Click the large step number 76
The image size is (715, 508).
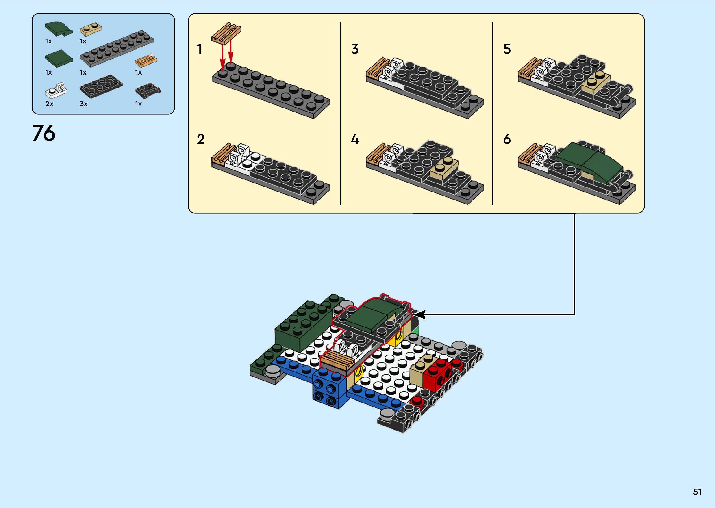(x=43, y=133)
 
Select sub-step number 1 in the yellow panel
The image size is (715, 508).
(x=199, y=49)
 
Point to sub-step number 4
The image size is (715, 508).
(x=355, y=139)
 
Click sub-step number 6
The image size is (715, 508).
(x=507, y=139)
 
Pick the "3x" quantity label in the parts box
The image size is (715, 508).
(x=84, y=104)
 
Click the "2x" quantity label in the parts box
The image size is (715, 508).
(x=49, y=104)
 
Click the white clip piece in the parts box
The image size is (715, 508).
(x=57, y=90)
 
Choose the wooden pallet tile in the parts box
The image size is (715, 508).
(x=146, y=60)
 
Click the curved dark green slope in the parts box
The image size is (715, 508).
(x=59, y=29)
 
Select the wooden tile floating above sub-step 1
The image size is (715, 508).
(x=226, y=32)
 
